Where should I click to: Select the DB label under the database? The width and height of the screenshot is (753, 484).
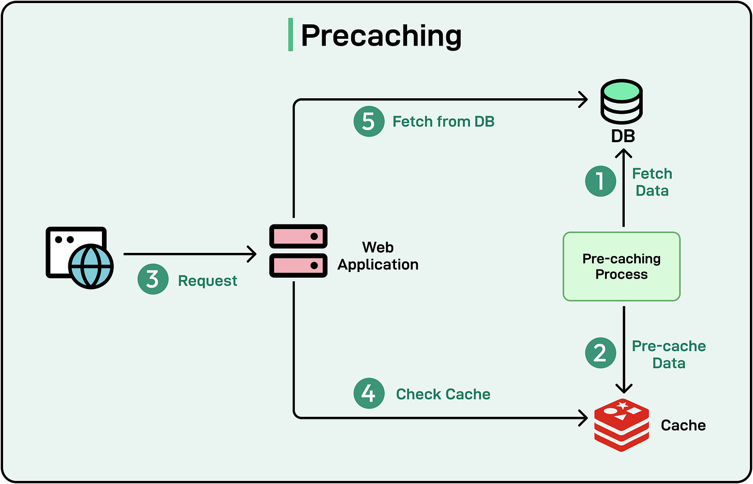(x=623, y=136)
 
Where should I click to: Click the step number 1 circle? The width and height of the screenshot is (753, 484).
(x=600, y=182)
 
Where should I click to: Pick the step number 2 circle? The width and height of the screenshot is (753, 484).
(x=600, y=353)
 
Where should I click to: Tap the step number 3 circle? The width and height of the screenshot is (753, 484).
(x=153, y=279)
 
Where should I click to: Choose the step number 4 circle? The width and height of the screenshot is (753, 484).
(x=369, y=394)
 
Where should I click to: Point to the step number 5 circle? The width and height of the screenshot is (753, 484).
(x=369, y=122)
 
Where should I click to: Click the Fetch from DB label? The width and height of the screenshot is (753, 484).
(x=444, y=122)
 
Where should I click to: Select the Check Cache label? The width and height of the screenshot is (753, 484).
(x=443, y=394)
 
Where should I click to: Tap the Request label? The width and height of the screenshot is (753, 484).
(x=207, y=281)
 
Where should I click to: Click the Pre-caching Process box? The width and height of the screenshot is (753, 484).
(x=621, y=266)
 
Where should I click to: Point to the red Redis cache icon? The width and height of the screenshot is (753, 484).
(x=621, y=425)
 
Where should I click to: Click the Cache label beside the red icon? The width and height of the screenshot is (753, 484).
(x=683, y=425)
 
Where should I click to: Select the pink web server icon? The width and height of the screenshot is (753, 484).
(x=298, y=251)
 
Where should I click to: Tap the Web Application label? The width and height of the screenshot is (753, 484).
(x=378, y=256)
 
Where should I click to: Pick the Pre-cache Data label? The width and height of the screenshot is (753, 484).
(x=669, y=354)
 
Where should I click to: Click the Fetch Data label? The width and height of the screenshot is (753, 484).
(x=652, y=182)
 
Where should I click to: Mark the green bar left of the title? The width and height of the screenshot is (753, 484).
(x=291, y=35)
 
